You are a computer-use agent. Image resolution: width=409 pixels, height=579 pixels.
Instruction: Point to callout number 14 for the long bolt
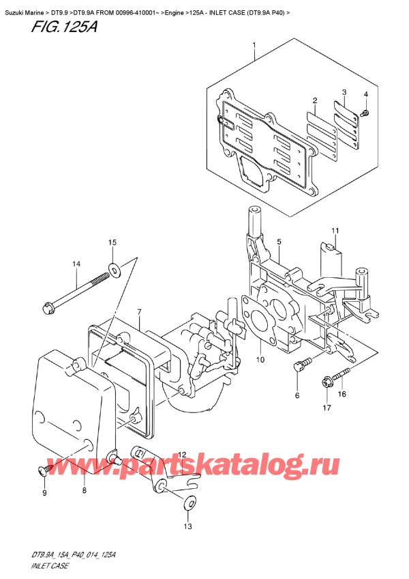pyautogui.click(x=76, y=264)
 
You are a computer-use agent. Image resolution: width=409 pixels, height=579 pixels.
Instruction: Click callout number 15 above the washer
pyautogui.click(x=112, y=242)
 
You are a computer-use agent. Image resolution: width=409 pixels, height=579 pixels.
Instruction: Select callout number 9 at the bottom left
pyautogui.click(x=44, y=493)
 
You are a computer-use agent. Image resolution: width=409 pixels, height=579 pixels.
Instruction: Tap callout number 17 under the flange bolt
pyautogui.click(x=326, y=408)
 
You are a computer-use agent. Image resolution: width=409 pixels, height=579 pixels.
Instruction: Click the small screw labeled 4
pyautogui.click(x=366, y=111)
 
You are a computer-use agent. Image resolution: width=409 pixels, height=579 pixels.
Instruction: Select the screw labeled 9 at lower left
pyautogui.click(x=43, y=470)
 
